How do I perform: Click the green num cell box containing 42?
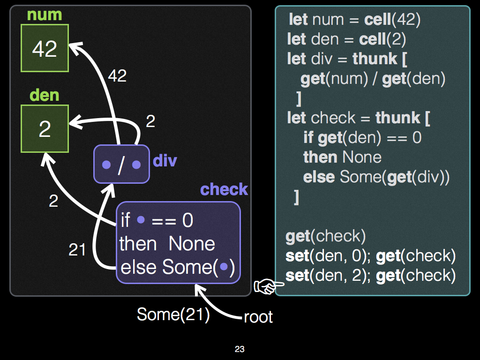(45, 48)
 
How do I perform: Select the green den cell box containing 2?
(45, 129)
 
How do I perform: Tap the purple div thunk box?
(121, 165)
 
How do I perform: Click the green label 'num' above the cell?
(45, 15)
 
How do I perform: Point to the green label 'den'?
(45, 95)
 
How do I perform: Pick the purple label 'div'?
(165, 161)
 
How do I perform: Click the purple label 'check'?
(224, 189)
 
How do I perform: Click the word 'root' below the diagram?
(258, 317)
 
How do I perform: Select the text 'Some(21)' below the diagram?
(173, 314)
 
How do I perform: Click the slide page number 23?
(240, 349)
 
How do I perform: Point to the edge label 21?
(77, 249)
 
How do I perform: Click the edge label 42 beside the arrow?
(117, 75)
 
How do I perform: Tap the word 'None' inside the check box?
(192, 244)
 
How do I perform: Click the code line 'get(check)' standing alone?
(325, 236)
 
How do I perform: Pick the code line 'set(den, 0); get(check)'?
(370, 256)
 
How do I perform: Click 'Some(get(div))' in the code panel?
(395, 177)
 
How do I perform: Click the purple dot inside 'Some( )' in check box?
(224, 267)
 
